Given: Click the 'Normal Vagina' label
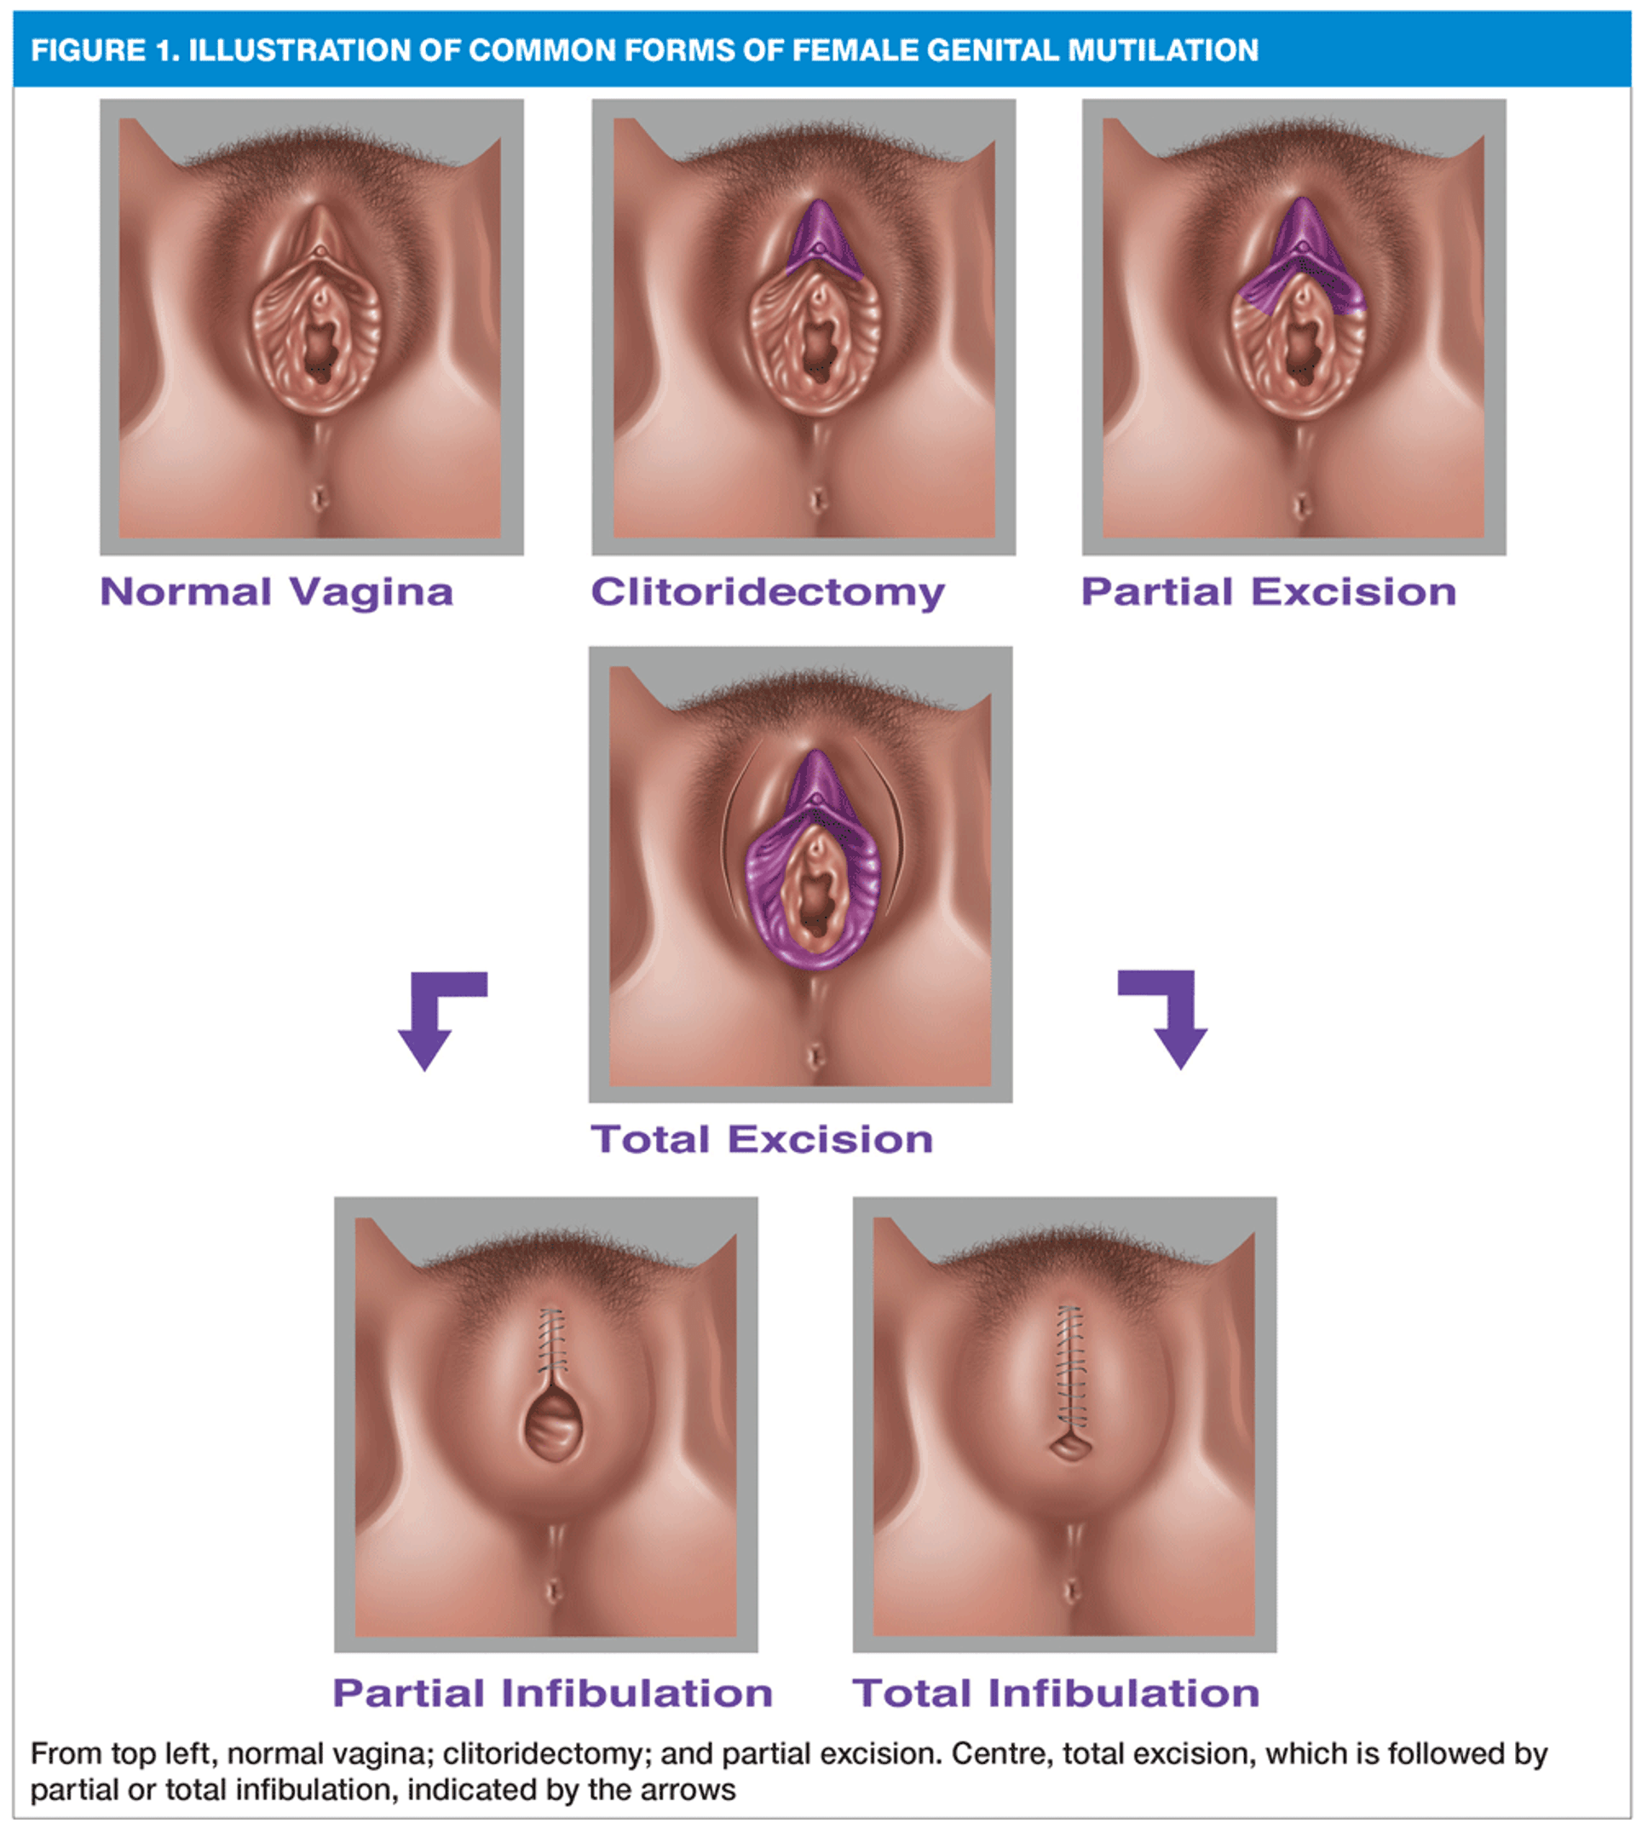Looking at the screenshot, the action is [x=276, y=592].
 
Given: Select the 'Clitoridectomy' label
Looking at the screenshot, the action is [x=767, y=593].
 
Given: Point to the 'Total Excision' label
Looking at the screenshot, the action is [x=762, y=1139].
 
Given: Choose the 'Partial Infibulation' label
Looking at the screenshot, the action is [x=552, y=1693].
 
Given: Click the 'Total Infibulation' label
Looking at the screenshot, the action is [x=1056, y=1693].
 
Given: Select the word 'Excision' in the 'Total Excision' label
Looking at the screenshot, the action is [x=830, y=1139].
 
